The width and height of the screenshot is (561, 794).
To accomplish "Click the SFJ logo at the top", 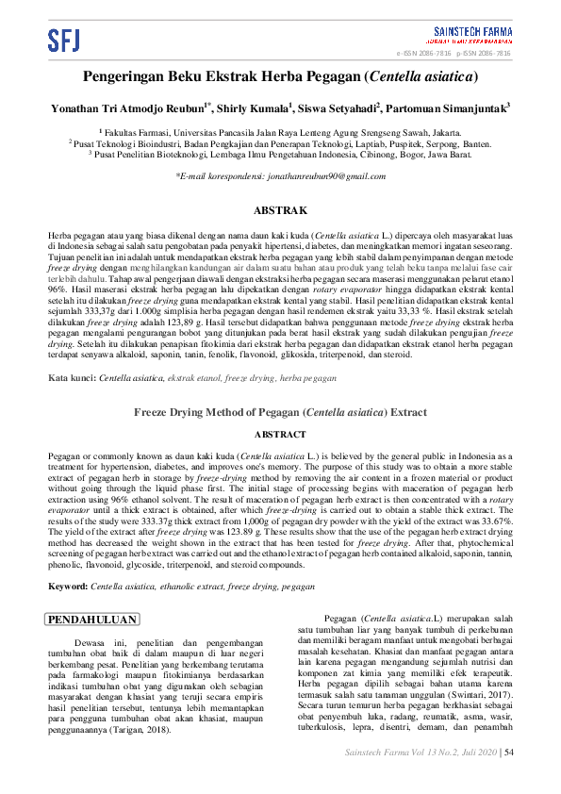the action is (x=64, y=40).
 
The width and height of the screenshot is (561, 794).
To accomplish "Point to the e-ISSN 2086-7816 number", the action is (x=430, y=54).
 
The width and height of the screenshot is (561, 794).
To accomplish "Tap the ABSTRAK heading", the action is (x=280, y=209).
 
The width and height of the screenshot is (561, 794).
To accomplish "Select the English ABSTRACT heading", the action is (x=280, y=434).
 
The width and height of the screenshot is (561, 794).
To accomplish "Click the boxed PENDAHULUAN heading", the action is (x=92, y=620).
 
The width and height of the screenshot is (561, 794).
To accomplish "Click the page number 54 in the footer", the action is (x=509, y=752).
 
